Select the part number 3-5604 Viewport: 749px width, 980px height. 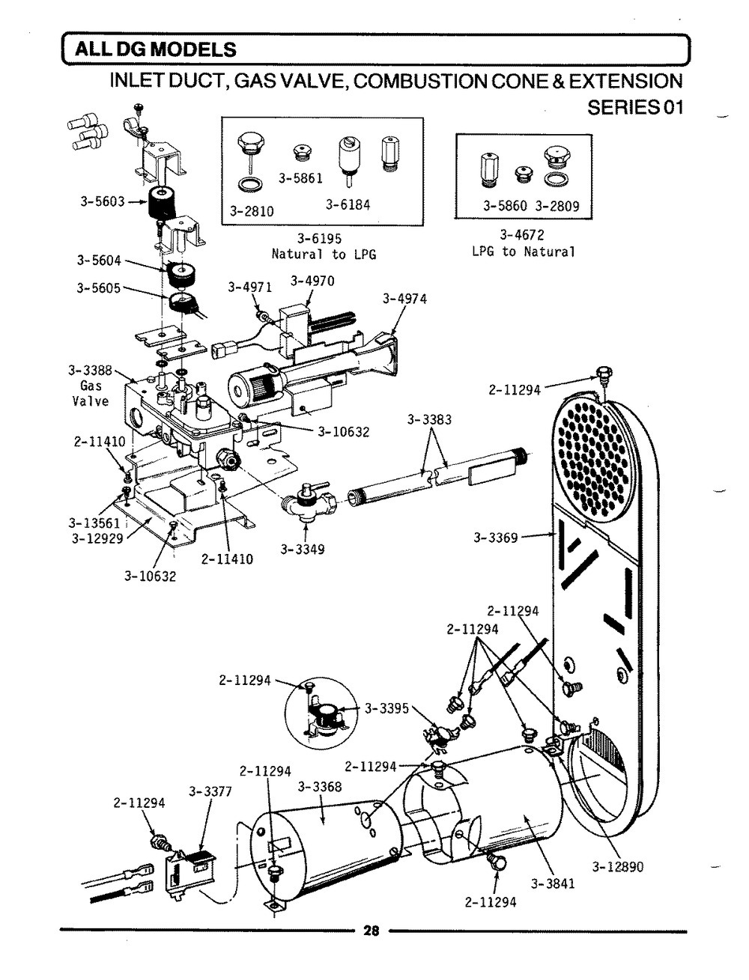(x=99, y=261)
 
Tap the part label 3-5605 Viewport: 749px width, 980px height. (x=99, y=286)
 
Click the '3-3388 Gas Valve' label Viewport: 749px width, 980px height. (x=90, y=386)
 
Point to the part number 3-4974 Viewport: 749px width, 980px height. (x=404, y=299)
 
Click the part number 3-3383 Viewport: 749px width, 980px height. (x=429, y=420)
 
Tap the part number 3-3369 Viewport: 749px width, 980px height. (x=496, y=537)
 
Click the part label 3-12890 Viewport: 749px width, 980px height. (x=618, y=867)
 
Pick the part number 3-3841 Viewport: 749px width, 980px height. (x=553, y=883)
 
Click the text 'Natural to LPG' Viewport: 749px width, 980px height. (x=324, y=255)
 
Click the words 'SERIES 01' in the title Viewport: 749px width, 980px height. (x=635, y=107)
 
